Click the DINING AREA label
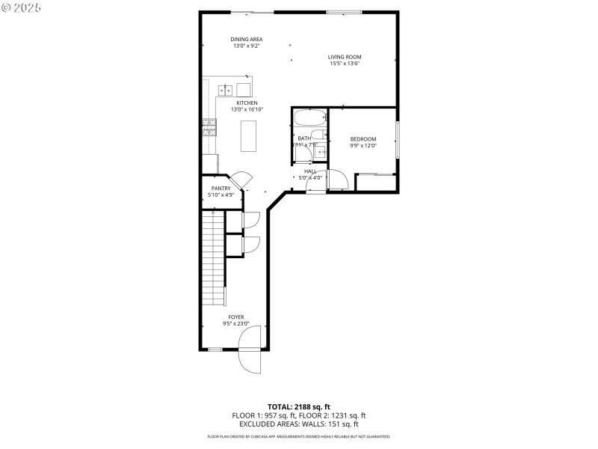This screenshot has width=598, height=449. click(246, 39)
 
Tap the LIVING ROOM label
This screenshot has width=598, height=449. click(345, 57)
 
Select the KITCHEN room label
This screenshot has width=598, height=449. click(247, 103)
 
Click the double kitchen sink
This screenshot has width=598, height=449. click(226, 91)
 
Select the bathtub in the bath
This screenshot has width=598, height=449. click(309, 118)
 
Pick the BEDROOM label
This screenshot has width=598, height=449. click(363, 139)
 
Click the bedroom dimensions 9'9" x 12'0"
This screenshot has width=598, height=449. click(363, 146)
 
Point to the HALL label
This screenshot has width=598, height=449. click(309, 171)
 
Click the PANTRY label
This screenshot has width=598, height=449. click(221, 189)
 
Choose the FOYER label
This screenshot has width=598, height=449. click(236, 317)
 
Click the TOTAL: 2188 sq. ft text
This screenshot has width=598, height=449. click(298, 407)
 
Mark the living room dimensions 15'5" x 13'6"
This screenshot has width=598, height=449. click(345, 64)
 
